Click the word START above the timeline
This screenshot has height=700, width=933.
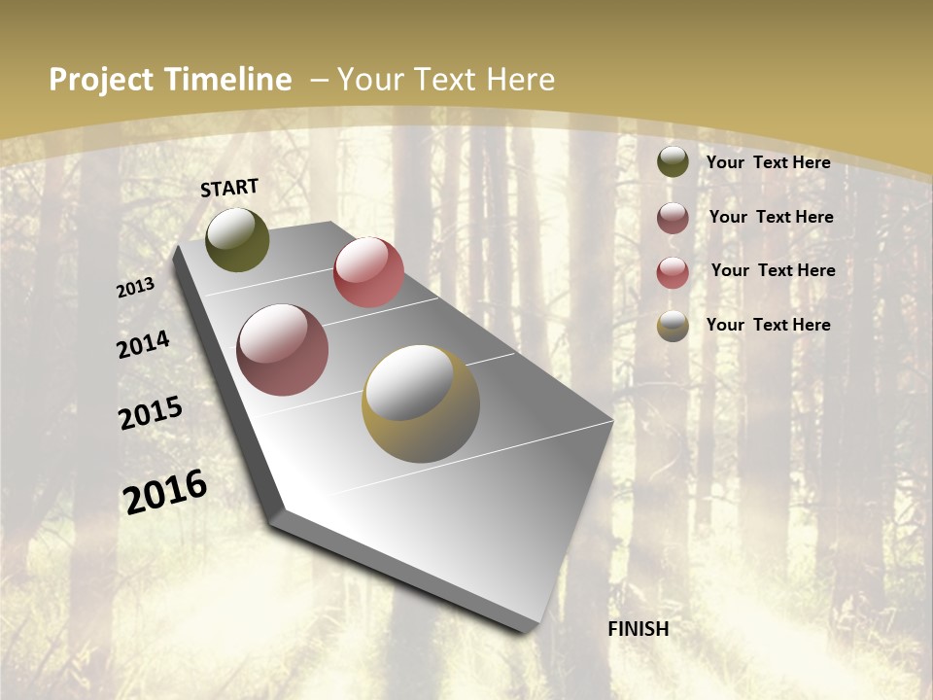click(229, 188)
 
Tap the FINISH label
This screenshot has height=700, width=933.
click(638, 629)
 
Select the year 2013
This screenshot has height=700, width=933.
click(136, 288)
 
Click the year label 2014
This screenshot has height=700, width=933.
click(144, 344)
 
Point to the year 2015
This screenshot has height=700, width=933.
click(151, 413)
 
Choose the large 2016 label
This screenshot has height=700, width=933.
click(165, 492)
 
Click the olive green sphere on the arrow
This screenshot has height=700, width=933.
click(237, 239)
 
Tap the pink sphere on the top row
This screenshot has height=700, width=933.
click(368, 272)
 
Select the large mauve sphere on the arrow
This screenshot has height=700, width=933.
click(283, 350)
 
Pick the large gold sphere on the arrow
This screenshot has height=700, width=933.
click(421, 403)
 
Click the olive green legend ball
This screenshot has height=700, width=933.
click(673, 161)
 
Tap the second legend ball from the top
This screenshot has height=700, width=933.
click(673, 218)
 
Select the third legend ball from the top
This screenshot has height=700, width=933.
click(673, 272)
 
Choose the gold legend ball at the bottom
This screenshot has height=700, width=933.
click(673, 326)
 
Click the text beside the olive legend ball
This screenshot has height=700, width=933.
click(768, 162)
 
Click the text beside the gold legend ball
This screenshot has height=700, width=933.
click(768, 325)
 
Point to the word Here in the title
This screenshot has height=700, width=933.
click(521, 80)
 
